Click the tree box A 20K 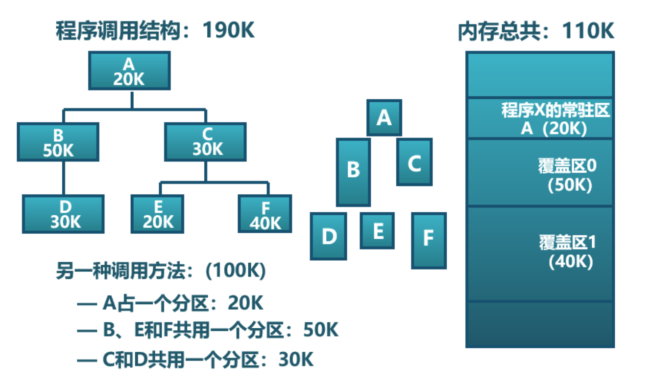[129, 71]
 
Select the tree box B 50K [58, 142]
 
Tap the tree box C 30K [205, 142]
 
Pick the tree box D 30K [63, 214]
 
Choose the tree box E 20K [157, 214]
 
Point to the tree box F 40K [265, 214]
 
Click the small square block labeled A [384, 117]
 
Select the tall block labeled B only [353, 172]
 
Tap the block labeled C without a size [414, 162]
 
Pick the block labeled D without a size [328, 236]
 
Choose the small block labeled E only [377, 231]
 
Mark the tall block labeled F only [429, 240]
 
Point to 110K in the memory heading [588, 32]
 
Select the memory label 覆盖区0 [567, 167]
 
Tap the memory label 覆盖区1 [567, 243]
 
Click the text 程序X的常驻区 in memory [555, 110]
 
